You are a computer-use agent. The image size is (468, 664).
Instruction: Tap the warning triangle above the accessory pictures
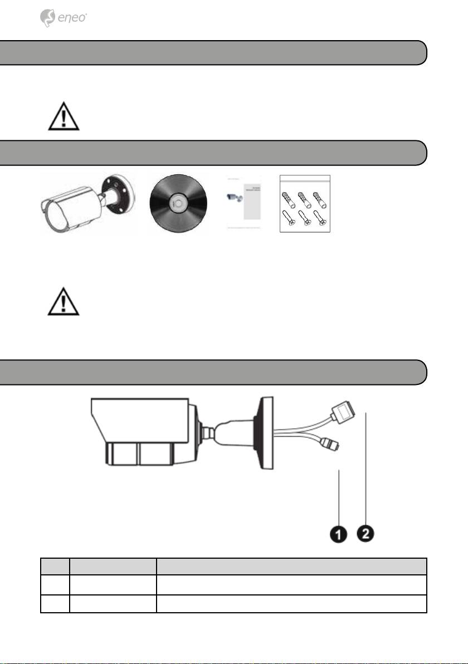click(x=63, y=116)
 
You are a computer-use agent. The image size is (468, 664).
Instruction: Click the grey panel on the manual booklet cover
click(x=252, y=202)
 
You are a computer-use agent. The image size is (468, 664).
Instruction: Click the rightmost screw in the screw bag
click(x=319, y=218)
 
